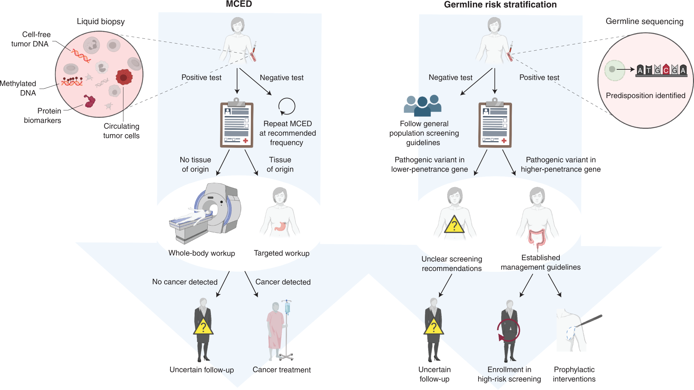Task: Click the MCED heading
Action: pos(239,4)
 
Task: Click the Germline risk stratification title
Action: pos(500,5)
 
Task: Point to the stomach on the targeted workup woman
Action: pos(280,226)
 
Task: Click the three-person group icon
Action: pos(423,106)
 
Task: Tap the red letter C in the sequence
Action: pos(666,70)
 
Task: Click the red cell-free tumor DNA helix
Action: pos(81,56)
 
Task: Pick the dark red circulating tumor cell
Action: pos(124,77)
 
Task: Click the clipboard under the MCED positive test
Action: pos(236,124)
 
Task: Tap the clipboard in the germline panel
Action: pos(495,124)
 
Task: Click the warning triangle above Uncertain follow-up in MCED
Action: pos(203,327)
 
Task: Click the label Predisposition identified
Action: pos(645,96)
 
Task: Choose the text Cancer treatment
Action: pos(281,370)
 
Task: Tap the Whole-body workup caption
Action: pos(202,253)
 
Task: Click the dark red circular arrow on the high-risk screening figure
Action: pos(508,330)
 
